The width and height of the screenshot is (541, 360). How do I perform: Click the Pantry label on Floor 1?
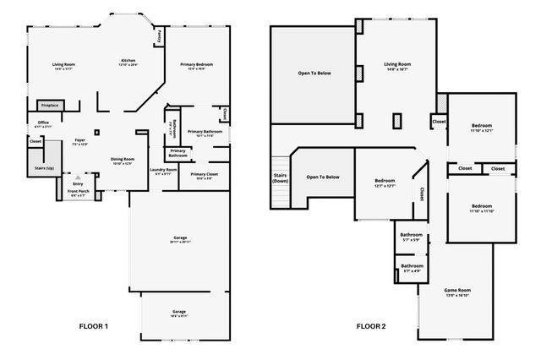click(160, 35)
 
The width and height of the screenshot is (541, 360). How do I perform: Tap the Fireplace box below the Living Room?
click(50, 106)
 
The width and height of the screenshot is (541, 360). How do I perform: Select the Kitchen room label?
click(128, 63)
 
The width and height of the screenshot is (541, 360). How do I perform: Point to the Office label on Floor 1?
click(43, 124)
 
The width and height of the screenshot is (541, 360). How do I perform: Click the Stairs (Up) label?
click(46, 168)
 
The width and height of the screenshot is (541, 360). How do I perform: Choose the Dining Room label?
click(123, 161)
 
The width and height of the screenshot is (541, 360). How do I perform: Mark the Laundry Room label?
click(164, 172)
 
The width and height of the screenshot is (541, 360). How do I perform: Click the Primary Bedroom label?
click(196, 67)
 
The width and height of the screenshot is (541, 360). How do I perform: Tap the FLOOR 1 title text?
click(93, 325)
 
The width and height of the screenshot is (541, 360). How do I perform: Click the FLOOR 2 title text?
click(370, 325)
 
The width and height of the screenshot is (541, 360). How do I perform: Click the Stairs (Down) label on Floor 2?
click(280, 178)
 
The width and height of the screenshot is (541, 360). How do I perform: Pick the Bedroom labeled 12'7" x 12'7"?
click(385, 183)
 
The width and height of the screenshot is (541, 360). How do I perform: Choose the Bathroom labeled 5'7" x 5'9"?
click(411, 237)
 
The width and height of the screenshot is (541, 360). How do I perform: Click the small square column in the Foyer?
click(97, 132)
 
